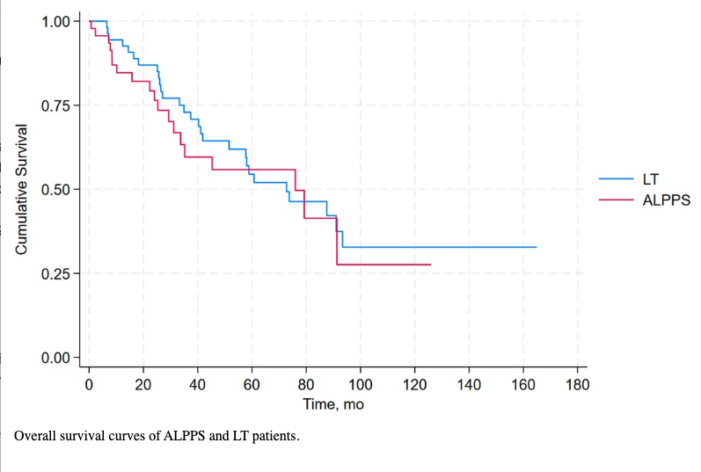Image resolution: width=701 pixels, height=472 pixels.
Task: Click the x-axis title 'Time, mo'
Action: (x=332, y=404)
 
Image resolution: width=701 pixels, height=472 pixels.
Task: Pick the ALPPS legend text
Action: (x=667, y=200)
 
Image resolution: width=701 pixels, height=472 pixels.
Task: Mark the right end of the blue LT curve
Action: (x=536, y=247)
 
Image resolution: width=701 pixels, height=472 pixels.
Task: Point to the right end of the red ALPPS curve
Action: (x=430, y=264)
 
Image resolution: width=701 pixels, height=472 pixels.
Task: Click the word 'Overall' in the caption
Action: (x=37, y=435)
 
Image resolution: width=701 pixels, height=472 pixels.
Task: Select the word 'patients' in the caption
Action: (x=269, y=435)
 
